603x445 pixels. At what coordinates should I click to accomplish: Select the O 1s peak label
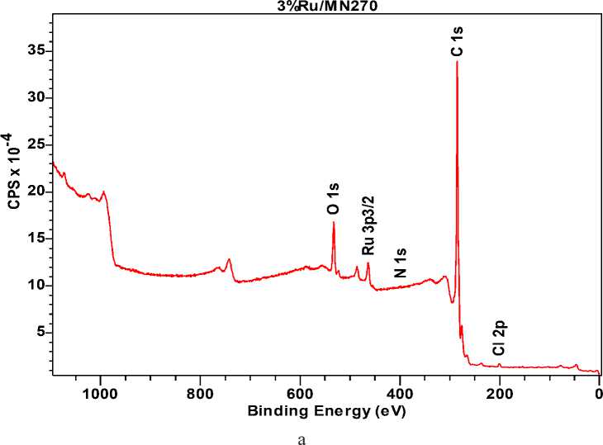click(x=333, y=199)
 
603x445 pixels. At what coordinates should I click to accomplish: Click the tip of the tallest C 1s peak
click(x=457, y=62)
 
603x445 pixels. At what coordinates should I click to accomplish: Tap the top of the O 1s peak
click(x=334, y=222)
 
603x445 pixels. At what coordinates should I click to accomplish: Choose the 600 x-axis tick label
click(x=300, y=393)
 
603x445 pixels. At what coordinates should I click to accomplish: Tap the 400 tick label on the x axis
click(x=400, y=393)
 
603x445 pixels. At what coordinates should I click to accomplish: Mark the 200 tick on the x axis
click(x=500, y=393)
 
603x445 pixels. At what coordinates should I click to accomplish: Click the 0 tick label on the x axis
click(x=599, y=393)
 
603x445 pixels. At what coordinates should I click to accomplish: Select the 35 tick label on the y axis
click(x=34, y=51)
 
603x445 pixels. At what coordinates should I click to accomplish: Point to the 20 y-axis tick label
click(x=34, y=192)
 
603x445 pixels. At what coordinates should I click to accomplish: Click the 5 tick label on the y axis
click(x=38, y=333)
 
